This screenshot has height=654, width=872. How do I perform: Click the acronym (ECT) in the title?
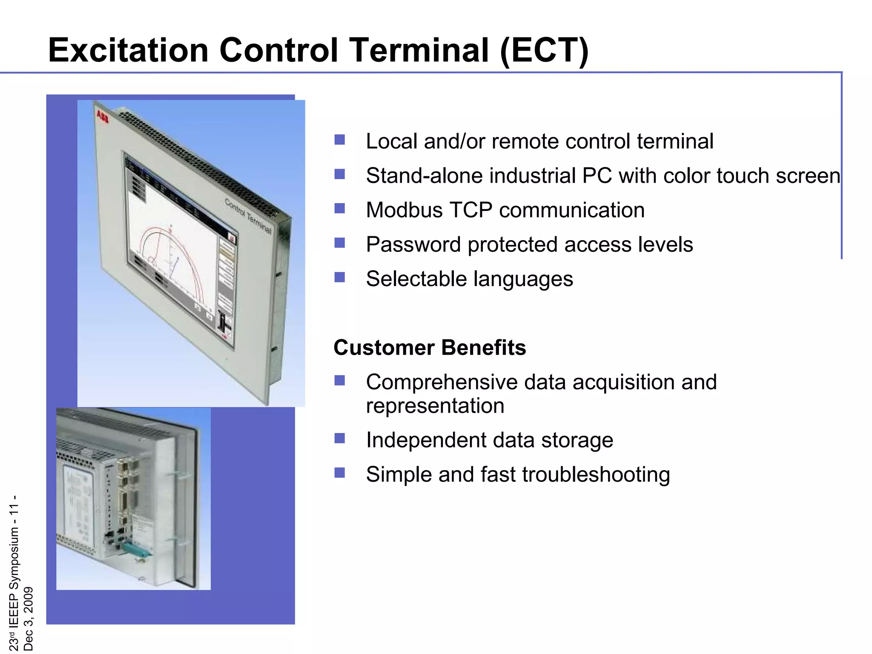(x=544, y=50)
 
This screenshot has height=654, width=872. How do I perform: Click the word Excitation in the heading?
(x=128, y=50)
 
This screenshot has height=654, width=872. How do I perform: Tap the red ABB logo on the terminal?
(x=103, y=116)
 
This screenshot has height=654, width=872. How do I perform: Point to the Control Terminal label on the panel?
(x=248, y=216)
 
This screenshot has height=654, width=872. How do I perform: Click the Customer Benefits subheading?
(x=430, y=347)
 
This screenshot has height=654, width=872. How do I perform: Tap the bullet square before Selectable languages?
(x=339, y=278)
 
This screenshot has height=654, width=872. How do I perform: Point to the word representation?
(x=435, y=406)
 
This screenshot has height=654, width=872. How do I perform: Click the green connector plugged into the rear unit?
(x=138, y=550)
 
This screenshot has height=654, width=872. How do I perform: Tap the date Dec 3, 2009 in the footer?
(x=28, y=618)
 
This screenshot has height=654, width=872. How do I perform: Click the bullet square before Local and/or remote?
(x=339, y=140)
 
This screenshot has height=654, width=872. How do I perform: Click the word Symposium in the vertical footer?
(x=14, y=558)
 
